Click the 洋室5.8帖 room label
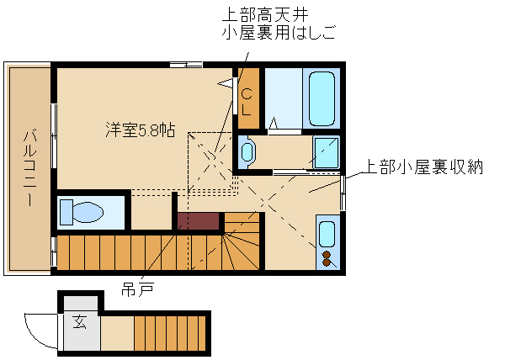pos(141,130)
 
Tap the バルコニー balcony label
pos(30,167)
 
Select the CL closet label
pos(247,102)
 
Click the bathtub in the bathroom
pos(322,98)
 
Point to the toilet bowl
pos(88,212)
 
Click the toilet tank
pos(66,212)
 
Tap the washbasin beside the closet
pos(247,152)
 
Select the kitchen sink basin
pos(327,234)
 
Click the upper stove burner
pos(327,255)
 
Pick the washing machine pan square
pos(327,152)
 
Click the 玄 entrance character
pos(80,322)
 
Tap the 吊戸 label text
pos(137,289)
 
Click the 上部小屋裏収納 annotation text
pos(423,167)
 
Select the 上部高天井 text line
pos(265,15)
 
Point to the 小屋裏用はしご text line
pos(279,32)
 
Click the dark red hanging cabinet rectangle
pos(199,220)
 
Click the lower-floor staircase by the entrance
pos(170,333)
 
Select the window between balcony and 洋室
pos(54,135)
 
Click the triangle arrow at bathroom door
pos(274,124)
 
